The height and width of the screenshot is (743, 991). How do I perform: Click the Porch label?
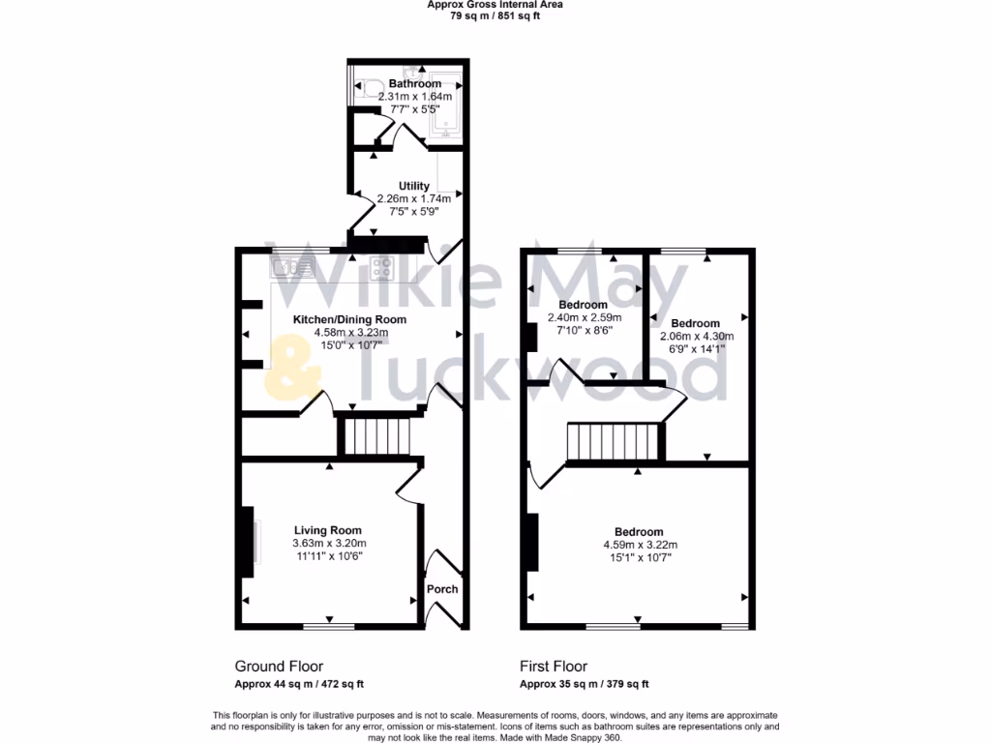442,589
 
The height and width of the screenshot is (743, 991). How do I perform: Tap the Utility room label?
414,186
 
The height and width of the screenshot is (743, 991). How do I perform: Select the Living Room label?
328,530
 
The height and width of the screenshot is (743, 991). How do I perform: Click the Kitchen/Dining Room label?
350,319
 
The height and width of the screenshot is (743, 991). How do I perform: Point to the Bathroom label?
414,84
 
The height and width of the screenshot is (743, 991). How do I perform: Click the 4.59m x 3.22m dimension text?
639,545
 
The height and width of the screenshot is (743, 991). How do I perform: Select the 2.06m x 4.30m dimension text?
696,337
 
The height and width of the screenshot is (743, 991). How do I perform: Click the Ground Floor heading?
279,667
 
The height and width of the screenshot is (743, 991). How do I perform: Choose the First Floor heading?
554,667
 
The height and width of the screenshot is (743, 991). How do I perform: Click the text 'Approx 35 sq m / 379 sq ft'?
584,685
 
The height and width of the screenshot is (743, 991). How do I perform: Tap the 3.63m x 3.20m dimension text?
329,544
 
